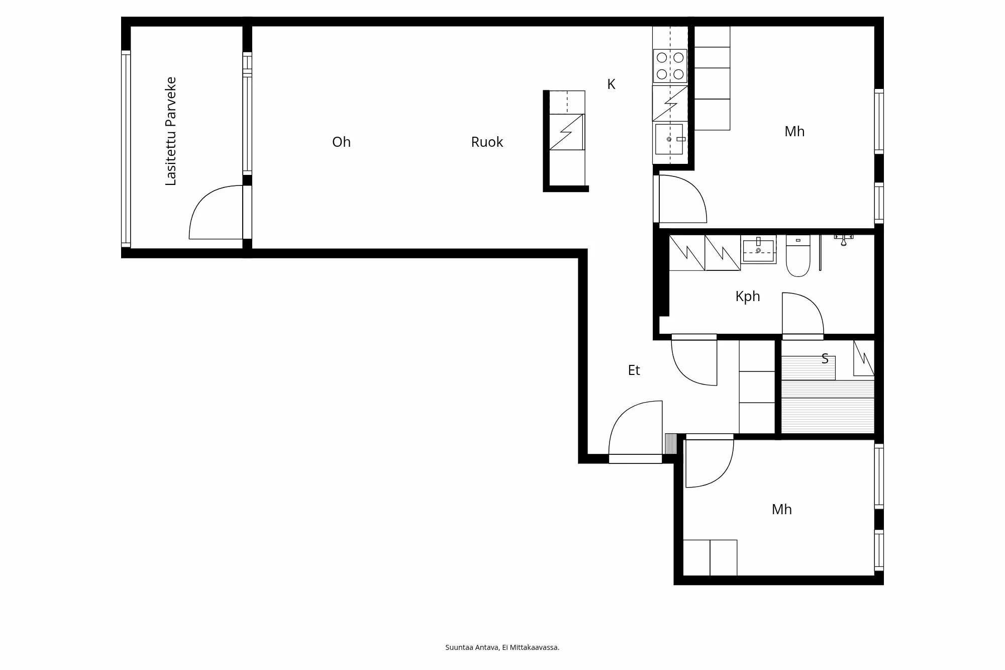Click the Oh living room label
tap(341, 142)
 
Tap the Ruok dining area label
tap(487, 142)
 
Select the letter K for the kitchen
tap(611, 84)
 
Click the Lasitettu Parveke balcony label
tap(171, 131)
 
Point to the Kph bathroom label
tap(747, 297)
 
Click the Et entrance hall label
tap(634, 370)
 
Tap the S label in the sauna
tap(825, 359)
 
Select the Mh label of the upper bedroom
tap(794, 132)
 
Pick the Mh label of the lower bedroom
tap(781, 510)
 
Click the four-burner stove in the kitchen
tap(670, 66)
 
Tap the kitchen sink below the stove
tap(669, 139)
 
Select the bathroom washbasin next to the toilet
tap(758, 249)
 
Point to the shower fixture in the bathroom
tap(844, 239)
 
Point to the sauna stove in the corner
tap(864, 358)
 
